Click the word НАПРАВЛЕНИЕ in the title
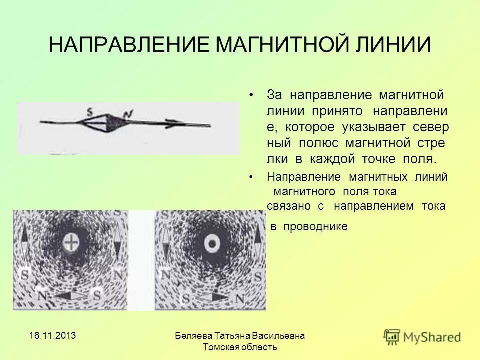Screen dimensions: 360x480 pyautogui.click(x=131, y=45)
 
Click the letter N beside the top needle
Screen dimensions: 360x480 pyautogui.click(x=128, y=114)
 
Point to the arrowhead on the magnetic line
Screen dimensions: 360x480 pyautogui.click(x=172, y=124)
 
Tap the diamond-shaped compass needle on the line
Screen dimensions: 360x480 pyautogui.click(x=106, y=123)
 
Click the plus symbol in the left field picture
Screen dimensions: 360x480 pyautogui.click(x=72, y=243)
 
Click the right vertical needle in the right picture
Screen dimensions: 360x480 pyautogui.click(x=257, y=241)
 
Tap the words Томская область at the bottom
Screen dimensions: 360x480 pyautogui.click(x=240, y=347)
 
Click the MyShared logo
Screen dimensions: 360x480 pyautogui.click(x=422, y=337)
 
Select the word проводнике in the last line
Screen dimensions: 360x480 pyautogui.click(x=315, y=227)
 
